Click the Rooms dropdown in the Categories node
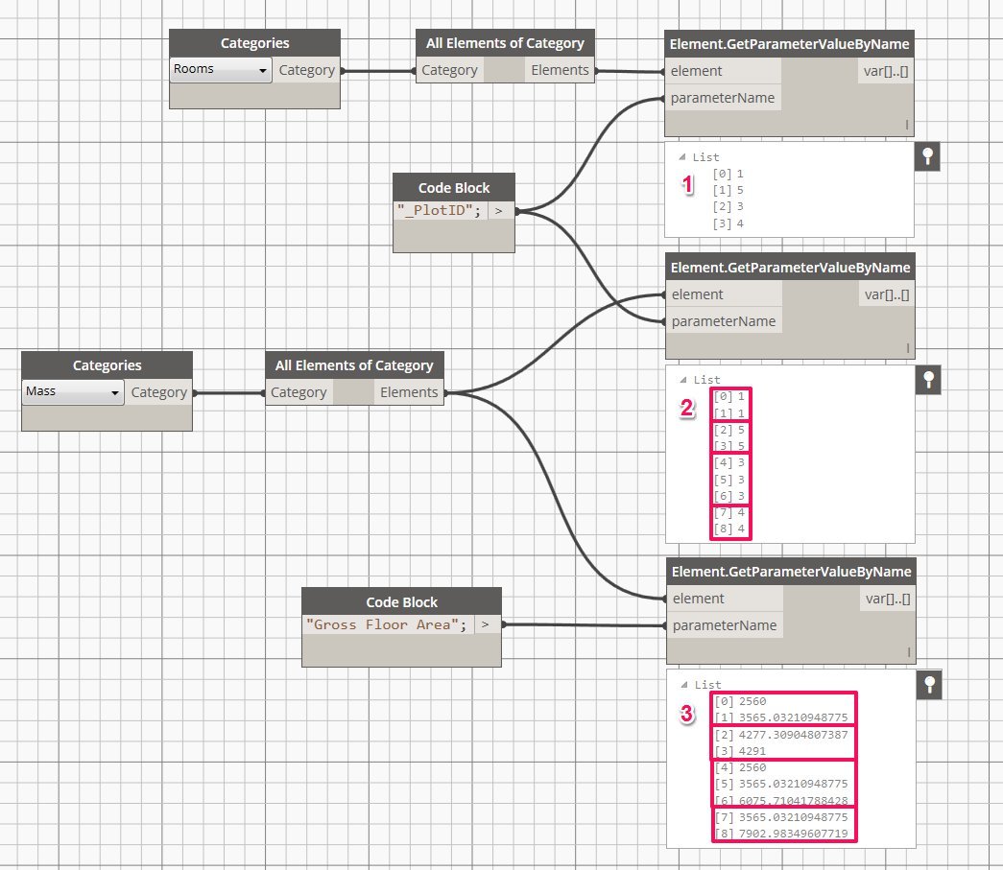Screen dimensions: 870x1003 point(220,70)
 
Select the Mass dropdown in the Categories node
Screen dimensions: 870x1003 point(73,392)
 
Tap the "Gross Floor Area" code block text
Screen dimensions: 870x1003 point(387,624)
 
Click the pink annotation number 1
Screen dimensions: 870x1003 point(686,186)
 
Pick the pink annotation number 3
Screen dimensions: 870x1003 point(686,714)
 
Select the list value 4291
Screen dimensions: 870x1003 point(752,751)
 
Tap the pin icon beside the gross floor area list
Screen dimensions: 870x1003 point(927,685)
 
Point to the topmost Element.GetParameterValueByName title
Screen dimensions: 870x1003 point(789,44)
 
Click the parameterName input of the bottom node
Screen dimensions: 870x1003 point(724,625)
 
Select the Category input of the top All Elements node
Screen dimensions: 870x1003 point(449,70)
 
